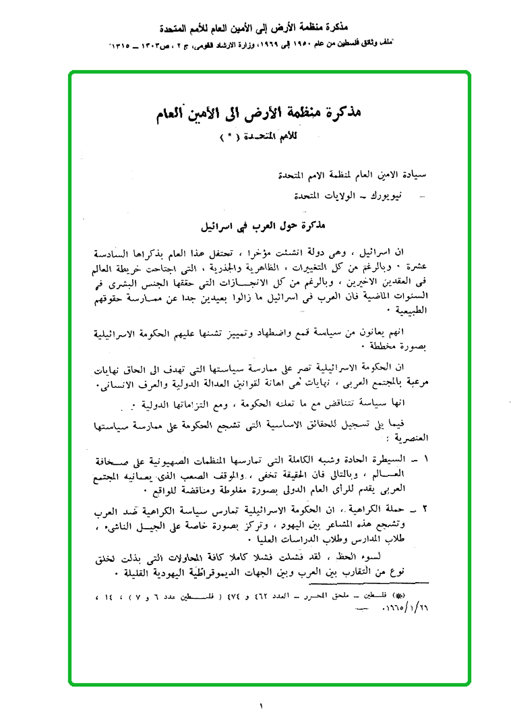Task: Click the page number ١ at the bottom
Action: click(260, 706)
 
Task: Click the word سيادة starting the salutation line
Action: click(417, 175)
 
